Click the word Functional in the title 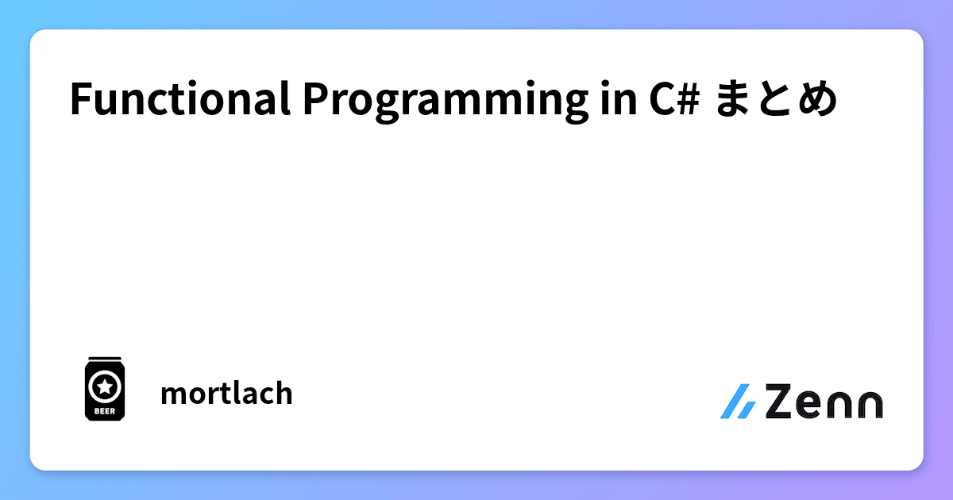179,101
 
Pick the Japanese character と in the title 775,101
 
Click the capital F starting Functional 79,101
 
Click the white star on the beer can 104,387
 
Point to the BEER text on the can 104,410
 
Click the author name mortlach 226,393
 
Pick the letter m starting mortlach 172,394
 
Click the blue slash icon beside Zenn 738,402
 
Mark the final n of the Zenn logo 869,404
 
